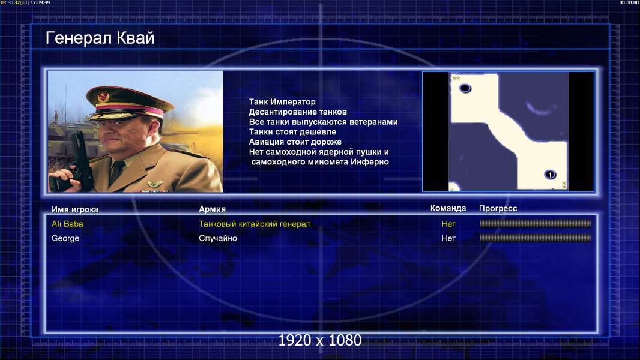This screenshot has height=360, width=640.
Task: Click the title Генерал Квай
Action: pos(100,38)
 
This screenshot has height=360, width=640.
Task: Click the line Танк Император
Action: pos(282,102)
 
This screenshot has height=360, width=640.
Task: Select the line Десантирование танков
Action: pos(298,112)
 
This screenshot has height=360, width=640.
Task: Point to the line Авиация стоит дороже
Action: pos(295,142)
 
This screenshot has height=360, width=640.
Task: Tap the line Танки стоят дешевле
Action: pos(292,131)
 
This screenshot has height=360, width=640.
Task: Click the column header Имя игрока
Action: pos(74,209)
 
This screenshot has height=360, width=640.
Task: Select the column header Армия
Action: pos(213,209)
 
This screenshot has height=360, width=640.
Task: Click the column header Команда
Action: pos(448,208)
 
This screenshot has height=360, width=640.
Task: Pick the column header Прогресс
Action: pos(498,208)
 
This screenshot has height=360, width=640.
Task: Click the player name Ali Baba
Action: pos(67,224)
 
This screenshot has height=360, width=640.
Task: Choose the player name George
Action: pos(65,239)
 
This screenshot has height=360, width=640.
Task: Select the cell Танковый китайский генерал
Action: pos(255,224)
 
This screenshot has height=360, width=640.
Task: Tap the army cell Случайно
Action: pos(217,238)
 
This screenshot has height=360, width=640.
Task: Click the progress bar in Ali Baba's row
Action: pos(536,223)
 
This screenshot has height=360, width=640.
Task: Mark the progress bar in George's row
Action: pos(536,238)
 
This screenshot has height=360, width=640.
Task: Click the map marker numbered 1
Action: pos(550,175)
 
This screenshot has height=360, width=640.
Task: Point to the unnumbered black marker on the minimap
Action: pos(465,88)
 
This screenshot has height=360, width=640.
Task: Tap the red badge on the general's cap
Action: pos(103,97)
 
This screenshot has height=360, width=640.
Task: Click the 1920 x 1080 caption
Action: pos(319,340)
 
